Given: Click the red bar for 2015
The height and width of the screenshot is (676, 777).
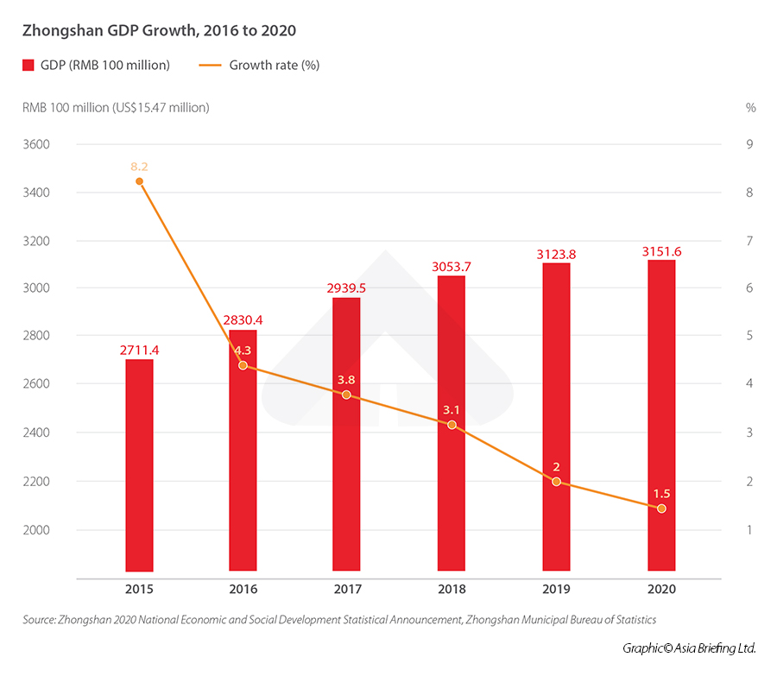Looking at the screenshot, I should coord(139,466).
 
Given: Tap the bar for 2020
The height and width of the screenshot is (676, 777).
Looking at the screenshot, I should coord(661,414).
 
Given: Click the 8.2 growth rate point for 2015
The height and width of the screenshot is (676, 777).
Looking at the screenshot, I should coord(139,180).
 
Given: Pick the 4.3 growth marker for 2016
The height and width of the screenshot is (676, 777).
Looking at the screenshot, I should coord(243,365).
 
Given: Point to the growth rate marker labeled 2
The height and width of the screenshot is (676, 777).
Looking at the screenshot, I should coord(556,481).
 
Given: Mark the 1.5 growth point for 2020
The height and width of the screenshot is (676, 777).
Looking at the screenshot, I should coord(661,509).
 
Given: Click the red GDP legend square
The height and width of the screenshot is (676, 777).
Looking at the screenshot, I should coord(28,65).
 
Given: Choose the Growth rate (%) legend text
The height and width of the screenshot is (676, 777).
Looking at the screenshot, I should coord(274,65).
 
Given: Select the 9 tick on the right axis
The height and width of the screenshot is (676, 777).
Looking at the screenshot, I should coord(749,144).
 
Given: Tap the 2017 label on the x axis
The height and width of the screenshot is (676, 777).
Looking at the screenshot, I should coord(346,590).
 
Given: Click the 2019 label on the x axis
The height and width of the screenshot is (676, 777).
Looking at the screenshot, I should coord(556,590).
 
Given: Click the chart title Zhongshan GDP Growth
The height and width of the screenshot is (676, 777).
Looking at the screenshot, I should coord(159,30).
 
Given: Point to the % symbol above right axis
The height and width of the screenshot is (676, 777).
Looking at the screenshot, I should coord(750,108).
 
